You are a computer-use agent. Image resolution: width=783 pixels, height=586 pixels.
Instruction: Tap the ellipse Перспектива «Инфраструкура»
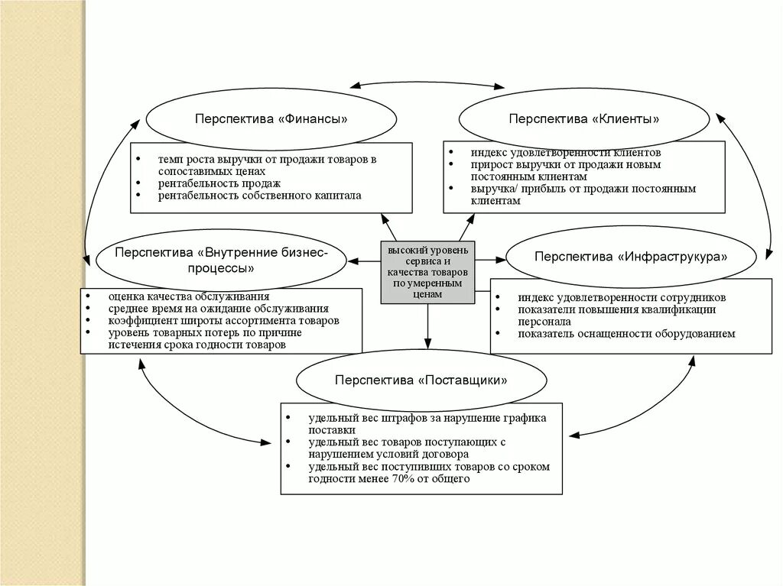click(x=631, y=257)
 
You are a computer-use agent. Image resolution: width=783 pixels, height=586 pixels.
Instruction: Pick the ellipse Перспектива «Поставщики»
click(x=421, y=380)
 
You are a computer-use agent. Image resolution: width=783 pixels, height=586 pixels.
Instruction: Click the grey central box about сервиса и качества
click(x=427, y=272)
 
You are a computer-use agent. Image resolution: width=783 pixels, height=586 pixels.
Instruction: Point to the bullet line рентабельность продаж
click(x=219, y=183)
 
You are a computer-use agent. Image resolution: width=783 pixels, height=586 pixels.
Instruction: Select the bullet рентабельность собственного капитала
click(x=259, y=196)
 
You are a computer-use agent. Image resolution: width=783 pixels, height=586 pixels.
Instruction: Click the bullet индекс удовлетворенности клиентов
click(x=565, y=153)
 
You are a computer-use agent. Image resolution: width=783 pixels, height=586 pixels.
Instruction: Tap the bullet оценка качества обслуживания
click(x=188, y=296)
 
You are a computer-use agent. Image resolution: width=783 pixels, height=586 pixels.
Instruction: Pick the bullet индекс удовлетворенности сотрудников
click(x=621, y=297)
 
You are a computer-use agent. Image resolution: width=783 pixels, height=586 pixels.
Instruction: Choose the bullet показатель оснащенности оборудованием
click(x=625, y=333)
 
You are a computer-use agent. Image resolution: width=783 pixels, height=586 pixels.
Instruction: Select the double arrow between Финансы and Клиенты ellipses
click(x=427, y=83)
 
